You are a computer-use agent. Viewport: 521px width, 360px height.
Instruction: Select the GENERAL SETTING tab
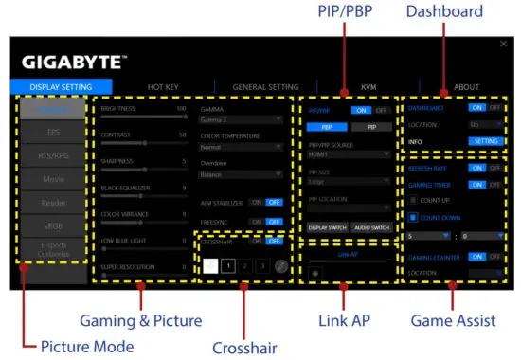[x=264, y=87]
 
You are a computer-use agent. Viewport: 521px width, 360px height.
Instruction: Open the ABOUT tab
[x=466, y=87]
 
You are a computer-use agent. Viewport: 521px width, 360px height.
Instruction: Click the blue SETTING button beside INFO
[x=484, y=142]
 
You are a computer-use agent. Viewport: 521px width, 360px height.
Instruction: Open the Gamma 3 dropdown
[x=242, y=119]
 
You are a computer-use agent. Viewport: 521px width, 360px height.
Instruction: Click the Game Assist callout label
[x=452, y=321]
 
